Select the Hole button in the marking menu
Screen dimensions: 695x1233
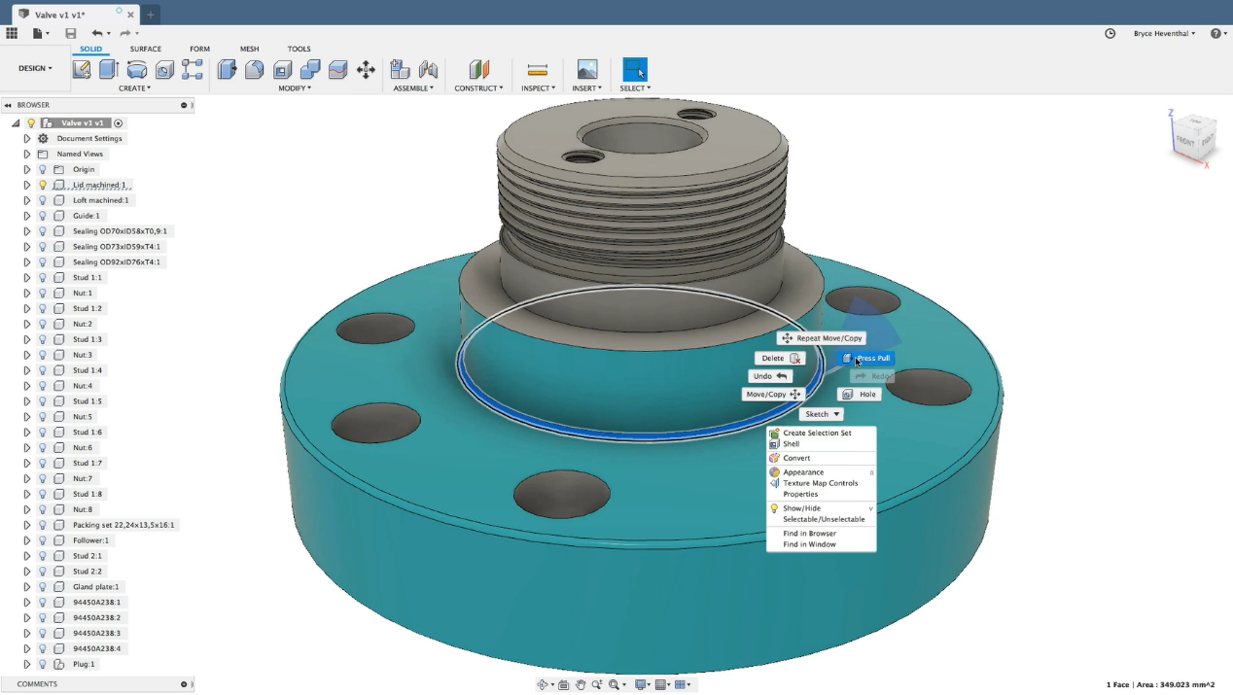(x=860, y=395)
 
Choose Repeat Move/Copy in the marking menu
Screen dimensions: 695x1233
(x=822, y=338)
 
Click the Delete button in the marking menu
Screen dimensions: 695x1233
(x=780, y=359)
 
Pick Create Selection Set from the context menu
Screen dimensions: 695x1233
(x=817, y=434)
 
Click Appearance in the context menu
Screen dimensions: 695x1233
(x=803, y=472)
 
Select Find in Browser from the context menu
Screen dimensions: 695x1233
(x=809, y=534)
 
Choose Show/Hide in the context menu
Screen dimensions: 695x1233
(x=801, y=508)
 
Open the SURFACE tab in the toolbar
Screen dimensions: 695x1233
(x=146, y=49)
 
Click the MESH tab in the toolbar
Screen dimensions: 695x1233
(x=250, y=49)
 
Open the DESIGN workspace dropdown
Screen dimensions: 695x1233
(x=35, y=68)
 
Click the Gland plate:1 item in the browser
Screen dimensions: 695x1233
(x=95, y=587)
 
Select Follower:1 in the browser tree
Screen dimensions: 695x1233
(x=90, y=540)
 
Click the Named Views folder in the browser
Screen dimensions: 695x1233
(x=80, y=154)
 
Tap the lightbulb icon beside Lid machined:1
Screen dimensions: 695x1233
(x=43, y=185)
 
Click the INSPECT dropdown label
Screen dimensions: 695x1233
(x=538, y=88)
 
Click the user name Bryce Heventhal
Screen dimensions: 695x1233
(x=1163, y=33)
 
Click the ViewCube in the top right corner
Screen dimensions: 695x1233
(x=1192, y=138)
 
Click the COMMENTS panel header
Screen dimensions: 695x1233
(x=37, y=684)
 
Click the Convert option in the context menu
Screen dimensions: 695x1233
(x=796, y=458)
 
